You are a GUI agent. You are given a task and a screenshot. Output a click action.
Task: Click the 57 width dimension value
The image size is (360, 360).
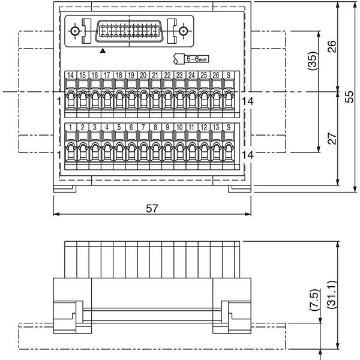[152, 208]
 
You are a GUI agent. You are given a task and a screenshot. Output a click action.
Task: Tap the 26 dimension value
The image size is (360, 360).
[332, 47]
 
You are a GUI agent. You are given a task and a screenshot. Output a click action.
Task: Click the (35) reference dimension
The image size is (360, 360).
[311, 62]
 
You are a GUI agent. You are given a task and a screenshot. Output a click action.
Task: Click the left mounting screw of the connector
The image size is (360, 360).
[75, 31]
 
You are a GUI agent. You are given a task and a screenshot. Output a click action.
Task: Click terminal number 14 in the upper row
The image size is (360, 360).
[70, 74]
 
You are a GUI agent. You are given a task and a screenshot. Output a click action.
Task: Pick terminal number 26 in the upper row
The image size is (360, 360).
[215, 74]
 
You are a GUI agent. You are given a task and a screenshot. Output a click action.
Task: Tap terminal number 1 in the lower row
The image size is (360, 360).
[70, 127]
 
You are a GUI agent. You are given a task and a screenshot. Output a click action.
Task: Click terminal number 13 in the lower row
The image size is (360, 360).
[215, 127]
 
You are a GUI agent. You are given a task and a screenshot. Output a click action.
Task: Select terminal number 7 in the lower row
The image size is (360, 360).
[143, 127]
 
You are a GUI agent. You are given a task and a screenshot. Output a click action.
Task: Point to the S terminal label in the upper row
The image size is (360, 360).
[228, 74]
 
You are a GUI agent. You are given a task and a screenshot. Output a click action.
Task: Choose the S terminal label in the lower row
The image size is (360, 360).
[228, 127]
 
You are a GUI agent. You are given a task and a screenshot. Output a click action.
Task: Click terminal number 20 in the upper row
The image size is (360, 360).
[143, 74]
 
